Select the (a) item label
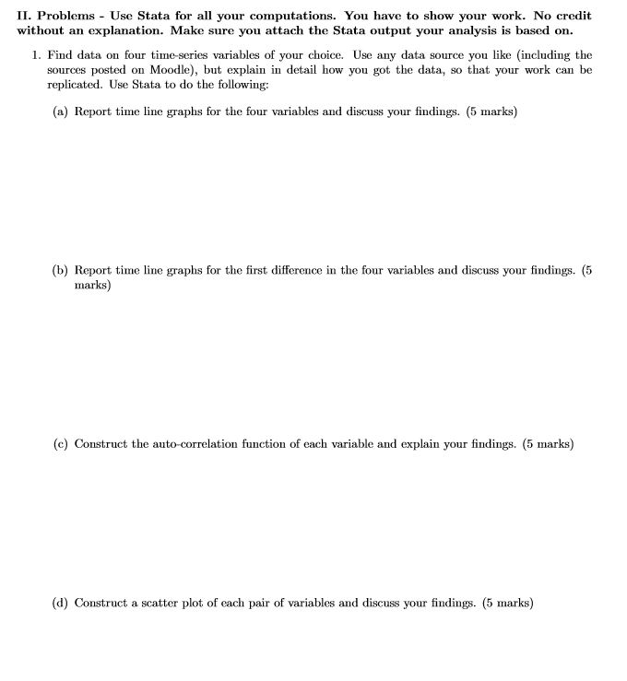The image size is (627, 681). click(x=60, y=112)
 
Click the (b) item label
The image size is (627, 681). click(x=60, y=270)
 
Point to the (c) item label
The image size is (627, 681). click(x=60, y=444)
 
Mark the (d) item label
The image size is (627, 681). click(x=60, y=604)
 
